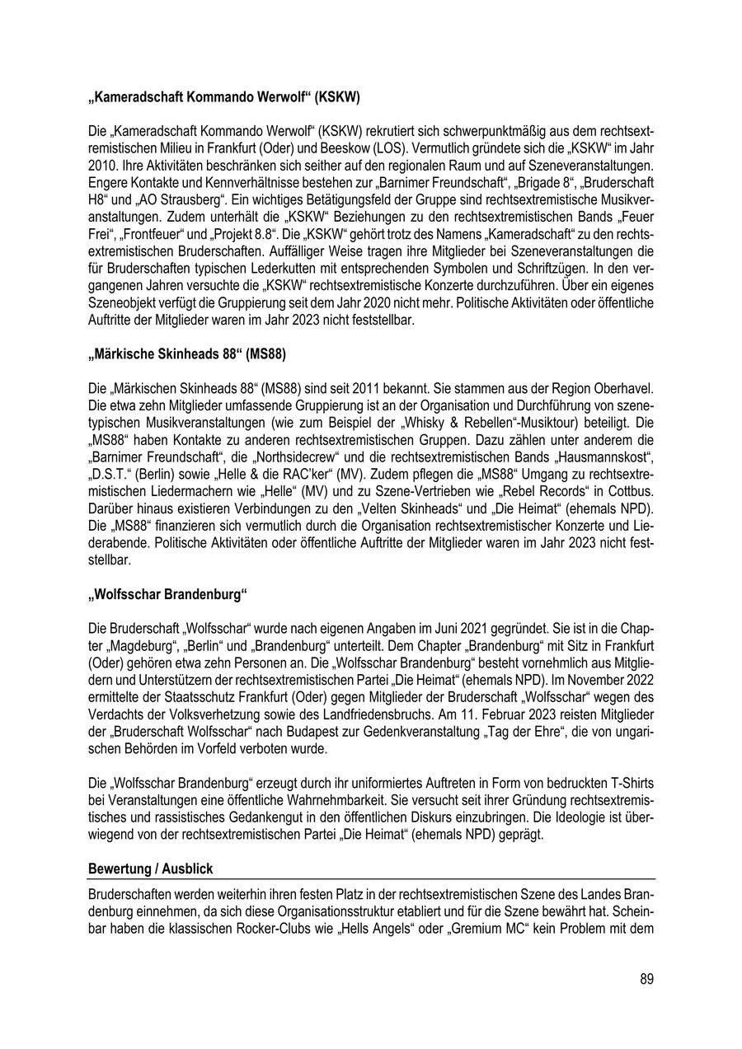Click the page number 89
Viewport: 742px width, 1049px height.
pyautogui.click(x=646, y=979)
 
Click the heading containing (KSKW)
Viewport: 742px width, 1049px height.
pyautogui.click(x=223, y=96)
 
